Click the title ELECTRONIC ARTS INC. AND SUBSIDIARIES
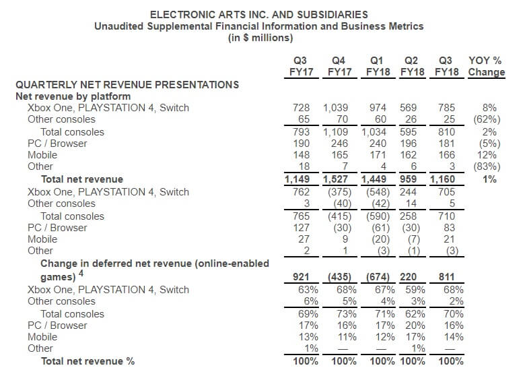(258, 14)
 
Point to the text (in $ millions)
(258, 38)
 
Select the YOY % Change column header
(486, 66)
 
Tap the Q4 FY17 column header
(341, 66)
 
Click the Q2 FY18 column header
(412, 66)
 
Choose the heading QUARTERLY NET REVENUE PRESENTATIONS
(127, 84)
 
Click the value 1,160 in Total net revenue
(441, 179)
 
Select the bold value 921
(301, 276)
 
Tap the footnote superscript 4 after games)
(81, 273)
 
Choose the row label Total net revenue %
(87, 361)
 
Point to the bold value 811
(444, 276)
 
